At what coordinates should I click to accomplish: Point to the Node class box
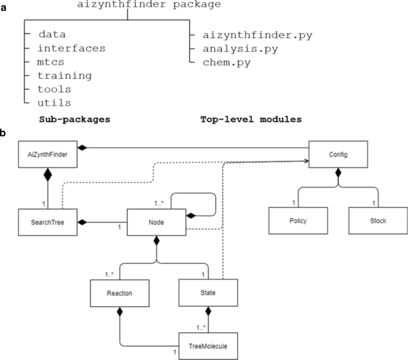[157, 221]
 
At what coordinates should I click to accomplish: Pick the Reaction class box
[119, 294]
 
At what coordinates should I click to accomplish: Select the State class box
[208, 294]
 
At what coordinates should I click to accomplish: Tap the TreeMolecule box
[208, 345]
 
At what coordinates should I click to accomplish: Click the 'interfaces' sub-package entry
[71, 48]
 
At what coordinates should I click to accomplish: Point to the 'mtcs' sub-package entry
[54, 62]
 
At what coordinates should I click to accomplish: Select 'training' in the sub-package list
[64, 76]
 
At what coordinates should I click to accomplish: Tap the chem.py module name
[226, 62]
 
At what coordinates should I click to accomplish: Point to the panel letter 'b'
[4, 133]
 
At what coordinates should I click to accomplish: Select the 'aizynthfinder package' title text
[149, 5]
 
